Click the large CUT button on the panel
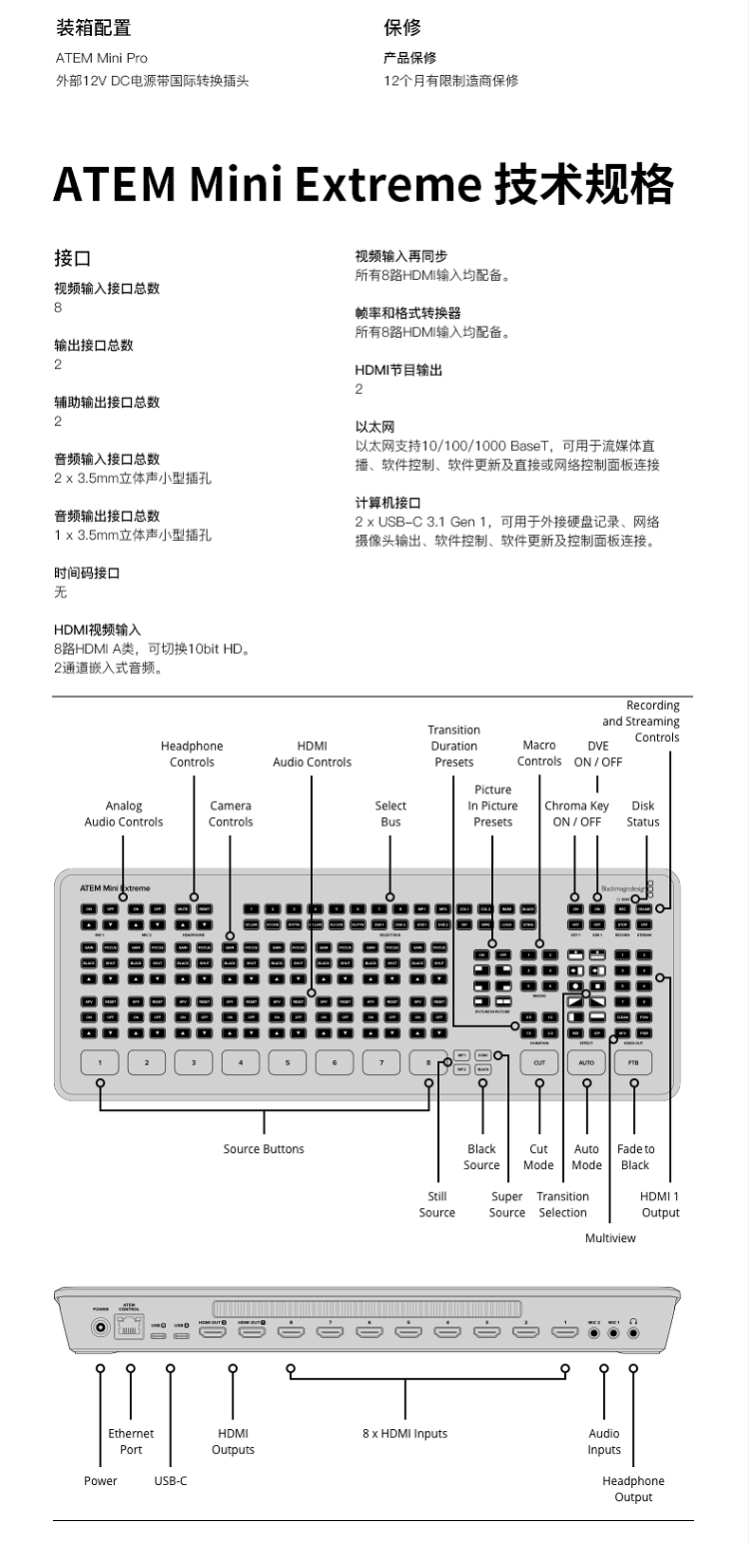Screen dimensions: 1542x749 pyautogui.click(x=539, y=1062)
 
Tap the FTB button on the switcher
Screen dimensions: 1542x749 pyautogui.click(x=633, y=1062)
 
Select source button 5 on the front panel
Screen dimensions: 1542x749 pyautogui.click(x=288, y=1062)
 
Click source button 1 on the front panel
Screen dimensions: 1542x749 pyautogui.click(x=100, y=1062)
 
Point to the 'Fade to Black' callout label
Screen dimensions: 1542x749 pyautogui.click(x=635, y=1157)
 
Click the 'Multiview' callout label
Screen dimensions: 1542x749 pyautogui.click(x=610, y=1238)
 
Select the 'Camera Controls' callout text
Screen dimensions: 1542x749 pyautogui.click(x=231, y=813)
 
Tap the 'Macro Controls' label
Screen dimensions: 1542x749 pyautogui.click(x=539, y=754)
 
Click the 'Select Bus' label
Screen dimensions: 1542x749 pyautogui.click(x=390, y=813)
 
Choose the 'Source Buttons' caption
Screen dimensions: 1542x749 pyautogui.click(x=264, y=1149)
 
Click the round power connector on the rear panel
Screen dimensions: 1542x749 pyautogui.click(x=101, y=1328)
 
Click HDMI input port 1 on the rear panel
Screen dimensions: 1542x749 pyautogui.click(x=565, y=1332)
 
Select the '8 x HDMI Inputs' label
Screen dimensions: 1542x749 pyautogui.click(x=404, y=1434)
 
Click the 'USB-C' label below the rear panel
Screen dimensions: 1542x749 pyautogui.click(x=171, y=1481)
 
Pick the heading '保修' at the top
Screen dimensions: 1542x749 pyautogui.click(x=402, y=27)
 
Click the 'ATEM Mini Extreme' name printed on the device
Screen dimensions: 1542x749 pyautogui.click(x=116, y=887)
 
